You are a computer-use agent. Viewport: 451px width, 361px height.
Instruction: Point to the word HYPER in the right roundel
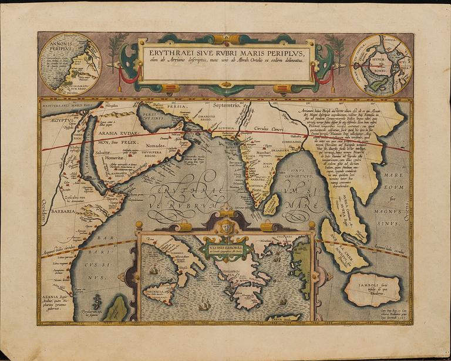pos(385,60)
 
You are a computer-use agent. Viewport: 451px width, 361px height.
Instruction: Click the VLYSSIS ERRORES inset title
pos(225,248)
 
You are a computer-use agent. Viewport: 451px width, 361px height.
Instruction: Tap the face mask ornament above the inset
pos(226,225)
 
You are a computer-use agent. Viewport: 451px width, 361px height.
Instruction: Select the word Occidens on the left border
pos(43,209)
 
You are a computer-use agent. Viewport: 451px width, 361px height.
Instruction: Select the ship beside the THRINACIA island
pos(154,269)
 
